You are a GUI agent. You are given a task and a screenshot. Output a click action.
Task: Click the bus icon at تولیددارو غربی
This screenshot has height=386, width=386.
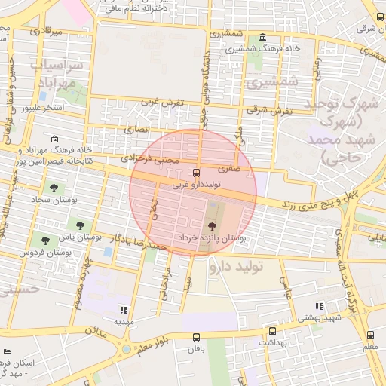[x=197, y=173]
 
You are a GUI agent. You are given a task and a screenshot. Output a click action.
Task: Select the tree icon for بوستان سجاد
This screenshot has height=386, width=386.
[x=53, y=187]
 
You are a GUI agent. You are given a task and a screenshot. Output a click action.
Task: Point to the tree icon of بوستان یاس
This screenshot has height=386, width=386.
[x=81, y=225]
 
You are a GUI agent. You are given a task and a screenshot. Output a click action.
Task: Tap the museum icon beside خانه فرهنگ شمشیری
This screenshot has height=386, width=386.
[x=262, y=38]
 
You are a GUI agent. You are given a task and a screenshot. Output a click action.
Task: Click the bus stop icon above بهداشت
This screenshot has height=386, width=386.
[x=272, y=331]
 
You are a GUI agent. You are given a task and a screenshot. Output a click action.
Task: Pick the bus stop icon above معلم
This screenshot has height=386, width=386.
[x=369, y=335]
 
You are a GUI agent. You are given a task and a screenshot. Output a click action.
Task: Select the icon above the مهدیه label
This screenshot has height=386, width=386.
[x=124, y=310]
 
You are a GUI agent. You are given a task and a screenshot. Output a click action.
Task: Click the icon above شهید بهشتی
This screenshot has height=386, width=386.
[x=320, y=306]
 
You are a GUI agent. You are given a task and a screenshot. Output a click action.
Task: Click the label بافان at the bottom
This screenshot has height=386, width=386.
[x=197, y=350]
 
